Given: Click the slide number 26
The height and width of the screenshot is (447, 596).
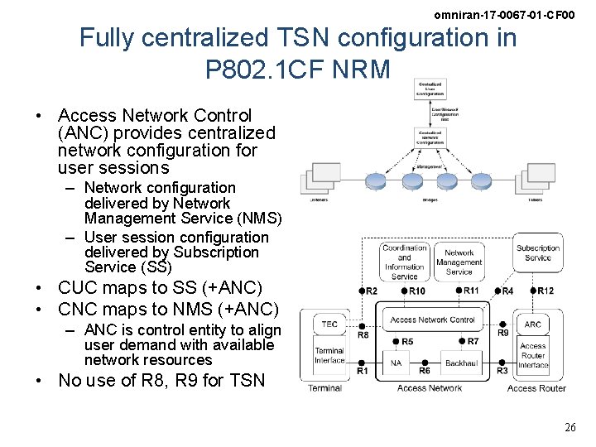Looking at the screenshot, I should click(570, 428).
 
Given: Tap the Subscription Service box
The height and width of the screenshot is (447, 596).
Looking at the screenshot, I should click(537, 253).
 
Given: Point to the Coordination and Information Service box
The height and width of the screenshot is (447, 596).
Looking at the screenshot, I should click(405, 262).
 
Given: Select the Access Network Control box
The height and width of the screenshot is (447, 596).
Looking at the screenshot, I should click(432, 320).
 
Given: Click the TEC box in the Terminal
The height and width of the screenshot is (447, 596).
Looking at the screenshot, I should click(329, 324).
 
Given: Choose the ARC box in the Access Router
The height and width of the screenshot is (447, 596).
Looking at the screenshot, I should click(533, 324).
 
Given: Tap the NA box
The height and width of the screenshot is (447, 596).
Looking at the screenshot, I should click(396, 363).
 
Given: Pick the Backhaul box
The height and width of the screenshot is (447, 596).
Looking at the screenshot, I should click(461, 363).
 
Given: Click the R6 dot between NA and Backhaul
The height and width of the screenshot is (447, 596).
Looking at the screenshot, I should click(424, 362).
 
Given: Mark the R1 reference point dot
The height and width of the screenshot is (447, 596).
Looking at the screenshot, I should click(362, 362).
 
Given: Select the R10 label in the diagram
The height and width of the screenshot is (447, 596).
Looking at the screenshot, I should click(417, 291).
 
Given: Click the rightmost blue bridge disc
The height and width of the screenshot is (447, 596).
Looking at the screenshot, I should click(483, 181).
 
